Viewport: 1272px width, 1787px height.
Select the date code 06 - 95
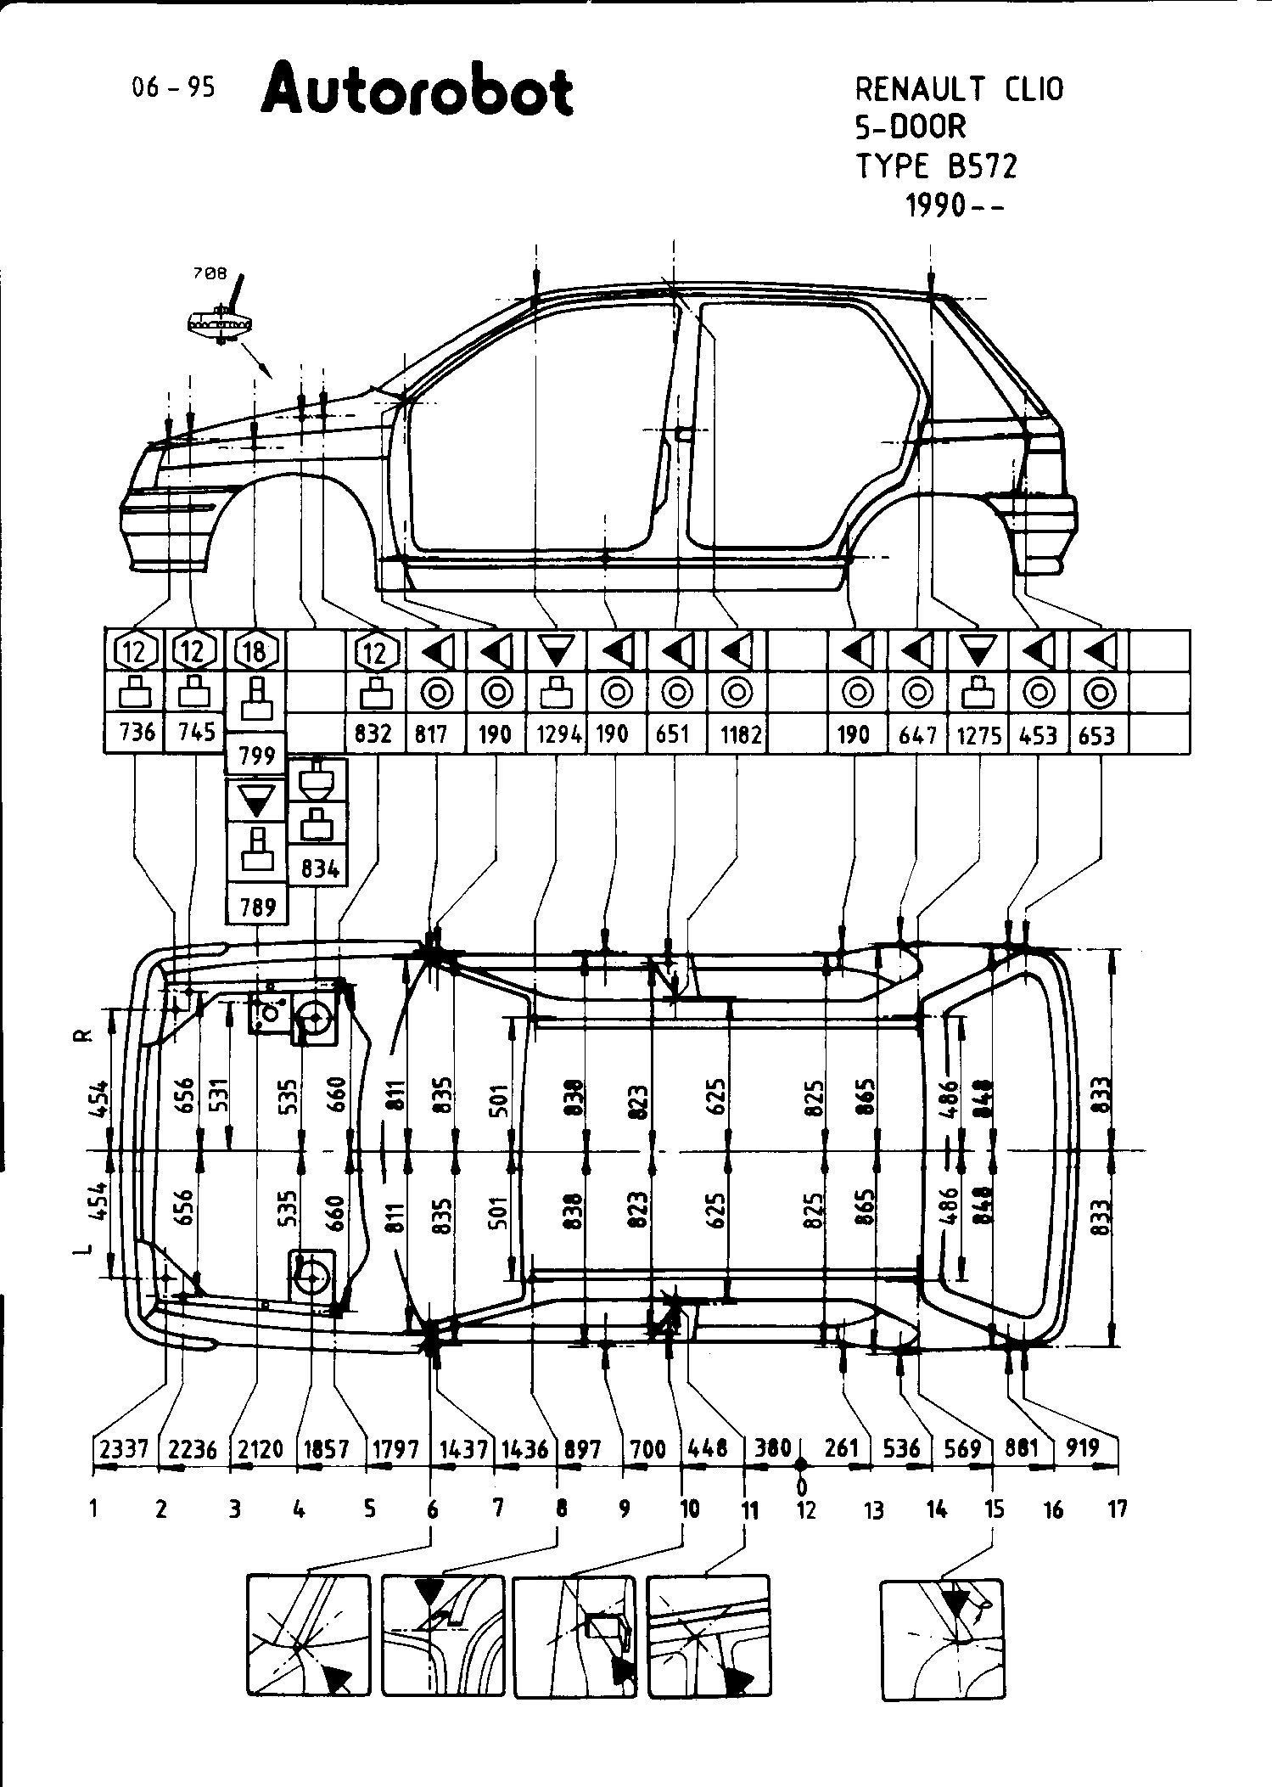173,87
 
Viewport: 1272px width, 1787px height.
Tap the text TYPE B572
936,166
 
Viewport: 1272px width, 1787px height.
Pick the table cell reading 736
135,732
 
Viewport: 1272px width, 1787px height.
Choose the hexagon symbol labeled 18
255,651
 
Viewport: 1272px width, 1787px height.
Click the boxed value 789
257,907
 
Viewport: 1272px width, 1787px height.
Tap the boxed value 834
319,868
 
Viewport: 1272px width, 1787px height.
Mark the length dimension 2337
124,1447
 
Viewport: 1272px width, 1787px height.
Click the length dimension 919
1083,1447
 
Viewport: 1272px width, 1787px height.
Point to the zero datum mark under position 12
801,1486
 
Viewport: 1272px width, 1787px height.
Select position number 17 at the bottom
1118,1509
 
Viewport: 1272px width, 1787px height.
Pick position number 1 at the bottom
92,1509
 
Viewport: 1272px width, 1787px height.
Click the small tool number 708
210,273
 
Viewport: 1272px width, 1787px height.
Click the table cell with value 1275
979,734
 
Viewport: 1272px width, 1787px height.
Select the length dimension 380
772,1447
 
